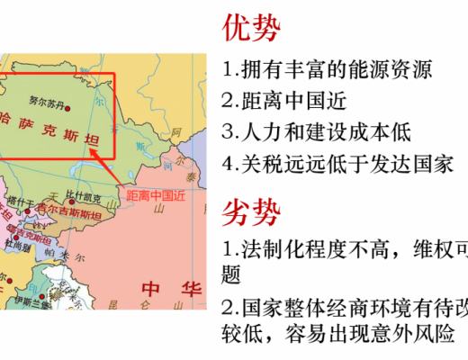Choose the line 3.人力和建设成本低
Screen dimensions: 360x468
click(x=316, y=132)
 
